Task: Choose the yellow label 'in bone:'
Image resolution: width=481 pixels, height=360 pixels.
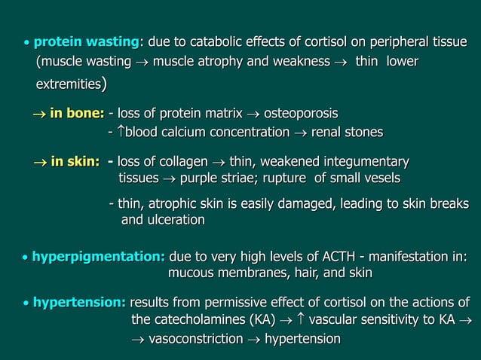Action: tap(77, 114)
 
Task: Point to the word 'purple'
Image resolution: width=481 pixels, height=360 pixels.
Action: tap(207, 178)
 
